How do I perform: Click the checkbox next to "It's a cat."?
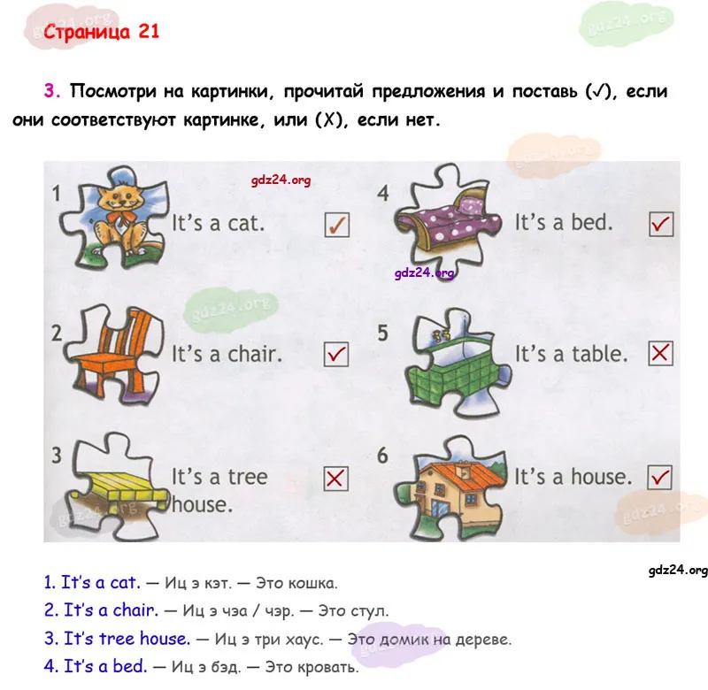point(337,225)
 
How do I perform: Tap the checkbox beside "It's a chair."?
point(336,354)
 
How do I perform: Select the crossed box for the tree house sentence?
point(336,479)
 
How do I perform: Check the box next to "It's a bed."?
point(661,224)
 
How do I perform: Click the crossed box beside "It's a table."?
point(660,353)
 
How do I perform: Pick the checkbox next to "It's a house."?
point(659,478)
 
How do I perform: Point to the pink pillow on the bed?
point(470,205)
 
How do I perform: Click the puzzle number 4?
point(383,193)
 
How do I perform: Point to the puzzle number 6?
point(382,456)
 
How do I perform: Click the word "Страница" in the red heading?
point(87,32)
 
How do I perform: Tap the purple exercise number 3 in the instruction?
point(51,91)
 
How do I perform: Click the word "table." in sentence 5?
point(600,354)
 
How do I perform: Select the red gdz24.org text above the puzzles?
point(281,180)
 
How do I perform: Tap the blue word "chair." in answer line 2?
point(135,610)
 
